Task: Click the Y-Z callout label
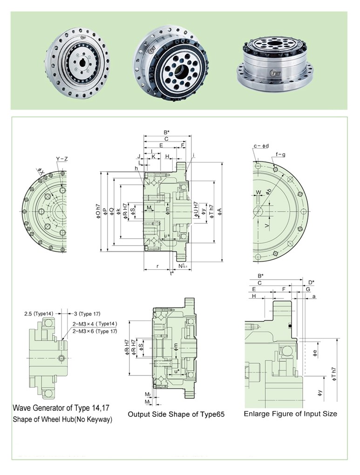(62, 160)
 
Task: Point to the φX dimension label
(41, 173)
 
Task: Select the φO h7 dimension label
(98, 212)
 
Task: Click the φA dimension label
(226, 212)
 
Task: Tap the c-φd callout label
(261, 146)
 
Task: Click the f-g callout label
(280, 154)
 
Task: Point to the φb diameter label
(268, 193)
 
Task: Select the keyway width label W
(258, 192)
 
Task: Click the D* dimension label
(312, 282)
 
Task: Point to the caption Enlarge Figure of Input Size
(290, 414)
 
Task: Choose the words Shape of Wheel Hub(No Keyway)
(62, 420)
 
